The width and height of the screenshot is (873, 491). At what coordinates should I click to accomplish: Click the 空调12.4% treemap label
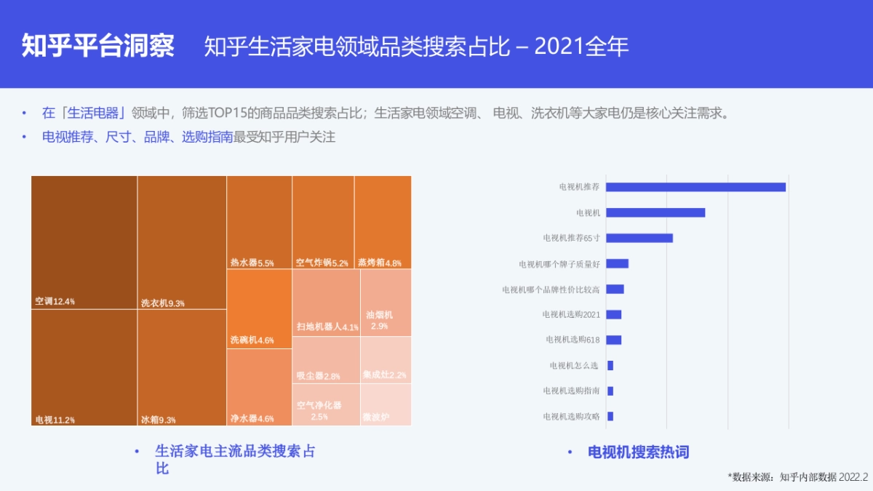click(55, 301)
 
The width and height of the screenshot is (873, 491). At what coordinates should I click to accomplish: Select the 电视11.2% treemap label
click(55, 420)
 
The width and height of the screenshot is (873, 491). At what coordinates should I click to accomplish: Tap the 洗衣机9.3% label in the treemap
click(163, 303)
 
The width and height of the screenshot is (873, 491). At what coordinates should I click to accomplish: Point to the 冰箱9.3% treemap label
click(159, 420)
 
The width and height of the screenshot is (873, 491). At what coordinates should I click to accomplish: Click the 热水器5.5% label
click(252, 263)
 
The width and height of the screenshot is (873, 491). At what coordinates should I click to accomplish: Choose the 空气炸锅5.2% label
click(322, 263)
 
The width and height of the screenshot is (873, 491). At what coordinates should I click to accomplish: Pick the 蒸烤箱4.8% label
click(380, 263)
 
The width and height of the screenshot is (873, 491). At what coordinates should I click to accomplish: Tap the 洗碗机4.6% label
click(252, 340)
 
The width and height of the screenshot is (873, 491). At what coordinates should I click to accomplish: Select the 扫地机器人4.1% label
click(327, 327)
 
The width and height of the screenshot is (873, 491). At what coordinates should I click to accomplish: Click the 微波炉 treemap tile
click(386, 405)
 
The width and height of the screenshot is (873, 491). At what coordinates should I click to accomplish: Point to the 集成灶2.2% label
click(385, 375)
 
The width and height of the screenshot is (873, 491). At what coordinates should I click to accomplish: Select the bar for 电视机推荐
click(695, 187)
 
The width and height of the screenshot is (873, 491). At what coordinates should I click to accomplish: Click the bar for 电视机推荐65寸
click(639, 238)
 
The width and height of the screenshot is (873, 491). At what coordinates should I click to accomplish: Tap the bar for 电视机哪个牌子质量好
click(617, 263)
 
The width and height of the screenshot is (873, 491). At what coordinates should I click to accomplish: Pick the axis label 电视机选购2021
click(571, 314)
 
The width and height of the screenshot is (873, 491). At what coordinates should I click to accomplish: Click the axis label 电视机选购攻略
click(571, 416)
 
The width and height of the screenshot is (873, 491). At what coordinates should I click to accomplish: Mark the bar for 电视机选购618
click(613, 340)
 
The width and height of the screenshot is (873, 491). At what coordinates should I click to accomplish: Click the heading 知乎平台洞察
click(98, 45)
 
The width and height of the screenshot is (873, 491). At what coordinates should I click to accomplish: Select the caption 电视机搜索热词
click(638, 452)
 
